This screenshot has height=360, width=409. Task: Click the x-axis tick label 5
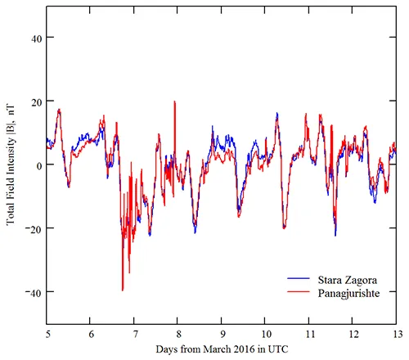click(48, 334)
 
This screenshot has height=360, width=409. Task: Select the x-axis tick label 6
click(92, 334)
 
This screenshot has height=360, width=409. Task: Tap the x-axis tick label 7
click(135, 334)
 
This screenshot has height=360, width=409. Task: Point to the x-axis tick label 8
click(178, 334)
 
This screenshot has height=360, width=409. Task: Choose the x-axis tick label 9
click(222, 334)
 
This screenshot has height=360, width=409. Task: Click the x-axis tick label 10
click(266, 334)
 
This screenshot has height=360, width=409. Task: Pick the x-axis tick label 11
click(309, 334)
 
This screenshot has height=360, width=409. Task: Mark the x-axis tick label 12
click(353, 334)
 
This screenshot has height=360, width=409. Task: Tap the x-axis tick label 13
click(396, 334)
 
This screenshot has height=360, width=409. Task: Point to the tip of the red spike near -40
click(123, 290)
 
